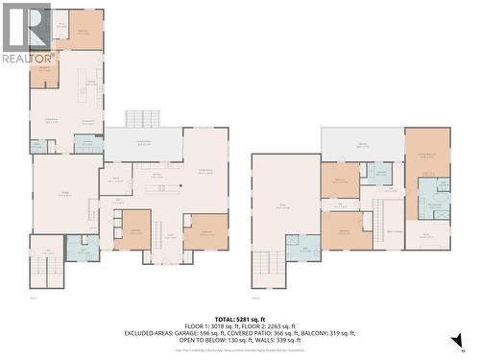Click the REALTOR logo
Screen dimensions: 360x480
[x=26, y=34]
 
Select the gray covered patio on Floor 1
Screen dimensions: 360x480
[x=143, y=144]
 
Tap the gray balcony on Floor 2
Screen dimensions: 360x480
[x=362, y=144]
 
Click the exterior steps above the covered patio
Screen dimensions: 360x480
[x=143, y=119]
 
